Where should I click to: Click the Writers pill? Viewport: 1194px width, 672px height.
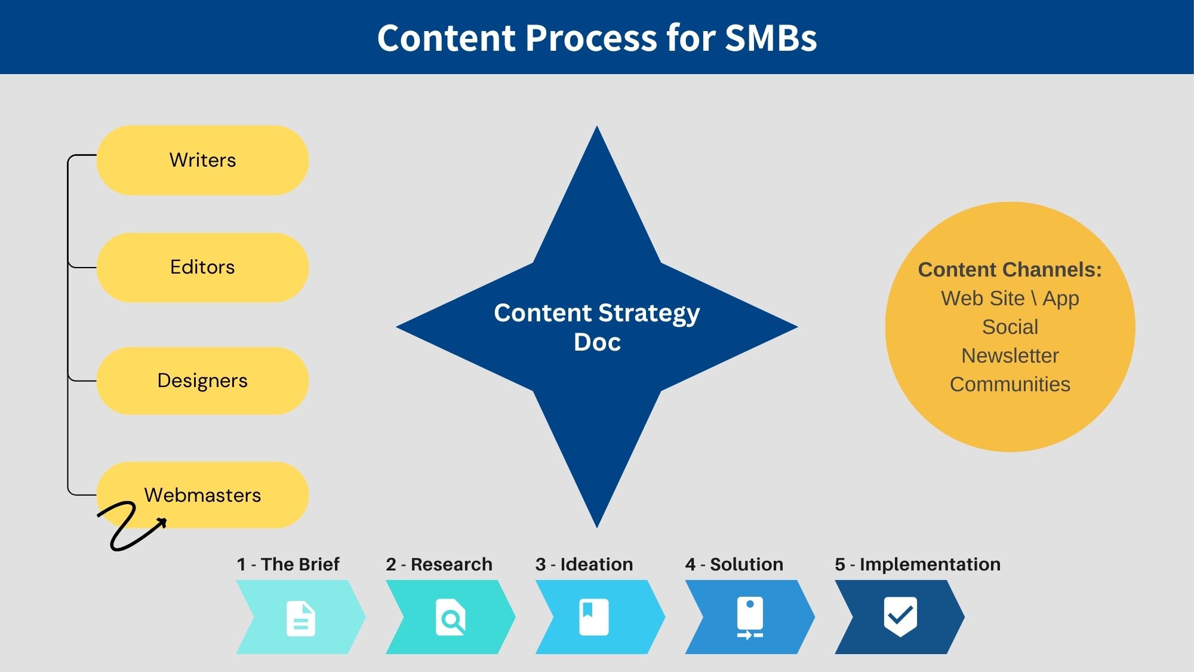(202, 160)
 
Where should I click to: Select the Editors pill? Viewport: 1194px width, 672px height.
(202, 267)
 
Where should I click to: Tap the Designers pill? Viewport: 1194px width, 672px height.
(202, 381)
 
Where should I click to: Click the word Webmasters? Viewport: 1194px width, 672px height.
(202, 495)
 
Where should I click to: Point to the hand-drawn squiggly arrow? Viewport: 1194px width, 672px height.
(128, 526)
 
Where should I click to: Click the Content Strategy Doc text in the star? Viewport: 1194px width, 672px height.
(597, 327)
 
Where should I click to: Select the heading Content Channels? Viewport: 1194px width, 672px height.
(1010, 269)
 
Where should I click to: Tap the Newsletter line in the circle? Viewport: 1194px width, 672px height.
(1010, 355)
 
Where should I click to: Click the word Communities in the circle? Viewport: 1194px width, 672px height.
(1010, 384)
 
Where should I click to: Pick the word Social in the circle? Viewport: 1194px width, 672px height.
(1010, 327)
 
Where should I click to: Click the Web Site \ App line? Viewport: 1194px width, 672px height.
(1010, 298)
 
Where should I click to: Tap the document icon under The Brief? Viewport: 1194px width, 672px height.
(301, 618)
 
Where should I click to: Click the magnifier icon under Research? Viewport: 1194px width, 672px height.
(451, 617)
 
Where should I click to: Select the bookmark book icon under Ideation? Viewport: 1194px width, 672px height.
(594, 617)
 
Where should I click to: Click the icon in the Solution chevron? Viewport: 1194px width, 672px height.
(750, 618)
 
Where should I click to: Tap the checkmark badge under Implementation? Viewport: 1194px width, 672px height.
(900, 616)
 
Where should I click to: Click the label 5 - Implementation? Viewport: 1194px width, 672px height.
(918, 564)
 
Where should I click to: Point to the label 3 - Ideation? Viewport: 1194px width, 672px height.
(584, 564)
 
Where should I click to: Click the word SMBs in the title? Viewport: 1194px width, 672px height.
(771, 38)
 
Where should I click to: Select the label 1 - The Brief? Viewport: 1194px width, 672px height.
(288, 564)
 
